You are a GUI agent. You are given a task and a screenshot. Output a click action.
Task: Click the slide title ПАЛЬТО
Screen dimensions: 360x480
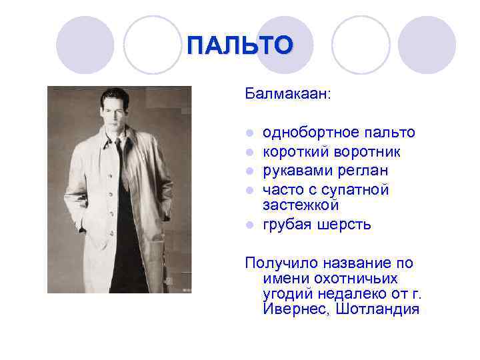[x=239, y=45]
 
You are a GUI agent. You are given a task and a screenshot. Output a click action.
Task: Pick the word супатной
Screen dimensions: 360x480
[x=361, y=190]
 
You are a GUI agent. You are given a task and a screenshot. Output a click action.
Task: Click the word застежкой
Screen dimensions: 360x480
[x=301, y=204]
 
